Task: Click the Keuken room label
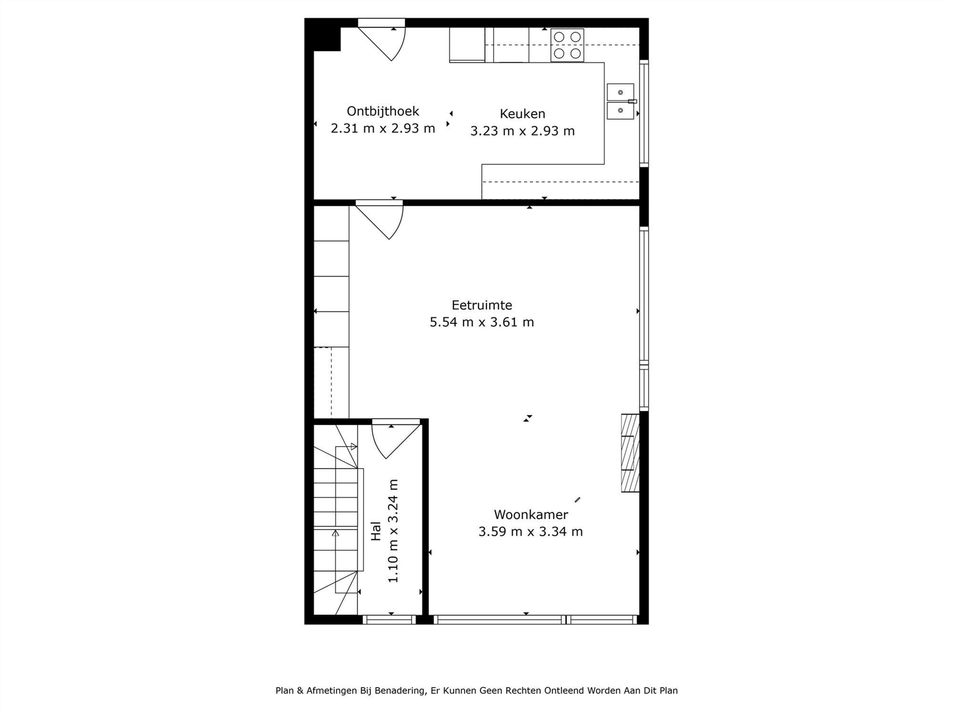coord(522,113)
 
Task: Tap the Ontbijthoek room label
coord(383,111)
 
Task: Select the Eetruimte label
coord(482,305)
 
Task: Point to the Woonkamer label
coord(531,515)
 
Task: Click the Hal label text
coord(376,531)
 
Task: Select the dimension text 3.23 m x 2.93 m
coord(522,131)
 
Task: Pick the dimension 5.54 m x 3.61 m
coord(482,322)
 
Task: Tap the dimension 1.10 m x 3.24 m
coord(393,531)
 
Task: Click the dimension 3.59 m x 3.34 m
coord(531,531)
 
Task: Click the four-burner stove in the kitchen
coord(567,45)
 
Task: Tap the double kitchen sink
coord(620,101)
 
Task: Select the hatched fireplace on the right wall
coord(630,453)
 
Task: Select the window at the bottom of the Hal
coord(389,620)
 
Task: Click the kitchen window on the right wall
coord(644,113)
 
